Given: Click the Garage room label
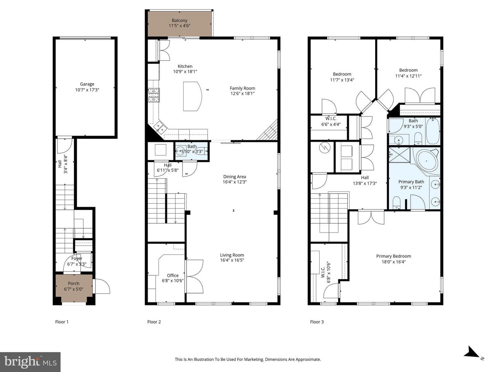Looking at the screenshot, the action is point(87,84).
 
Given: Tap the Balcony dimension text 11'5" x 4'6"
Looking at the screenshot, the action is point(179,26).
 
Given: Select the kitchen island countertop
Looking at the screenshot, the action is point(192,96).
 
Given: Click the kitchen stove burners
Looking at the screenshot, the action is point(154,95).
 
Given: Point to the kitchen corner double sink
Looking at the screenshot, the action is point(160,127).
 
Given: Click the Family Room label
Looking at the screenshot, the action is point(242,88).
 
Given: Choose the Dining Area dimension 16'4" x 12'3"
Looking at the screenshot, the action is point(235,182).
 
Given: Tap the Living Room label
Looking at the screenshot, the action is point(232,255).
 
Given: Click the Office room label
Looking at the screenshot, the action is point(173,275).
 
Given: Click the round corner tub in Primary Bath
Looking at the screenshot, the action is point(426,161).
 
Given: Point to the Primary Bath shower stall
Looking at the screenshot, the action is point(400,155).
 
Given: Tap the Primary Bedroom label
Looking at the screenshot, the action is point(393,256).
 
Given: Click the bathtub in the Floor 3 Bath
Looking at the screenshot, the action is point(433,131).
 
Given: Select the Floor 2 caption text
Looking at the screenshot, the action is point(154,322).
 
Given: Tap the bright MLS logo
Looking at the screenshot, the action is point(30,362).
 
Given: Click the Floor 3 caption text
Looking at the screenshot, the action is point(317,322).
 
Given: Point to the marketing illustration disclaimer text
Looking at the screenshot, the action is point(248,359).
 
